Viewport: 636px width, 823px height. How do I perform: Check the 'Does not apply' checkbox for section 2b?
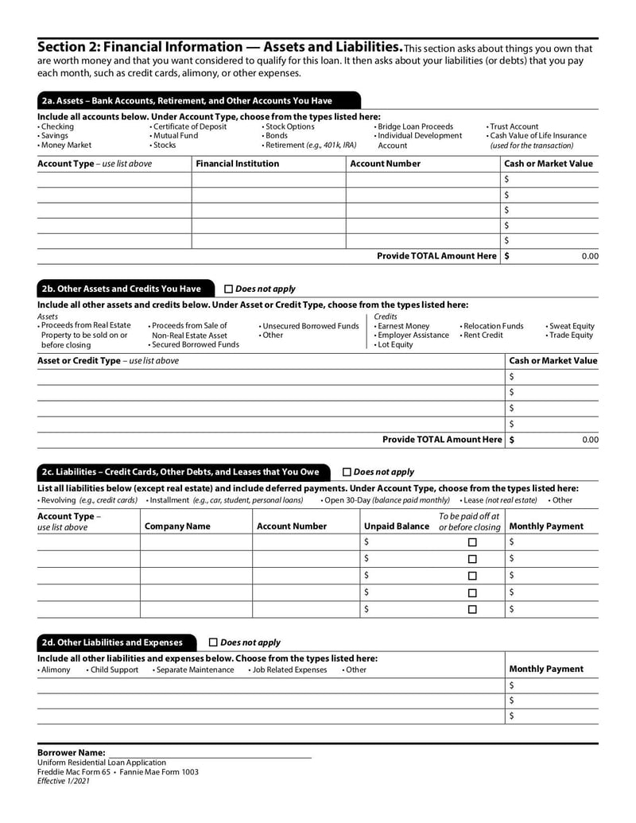229,289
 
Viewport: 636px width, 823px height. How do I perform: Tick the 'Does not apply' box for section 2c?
347,472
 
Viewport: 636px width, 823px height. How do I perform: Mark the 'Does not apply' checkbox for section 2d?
213,642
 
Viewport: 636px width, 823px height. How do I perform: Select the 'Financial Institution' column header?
238,164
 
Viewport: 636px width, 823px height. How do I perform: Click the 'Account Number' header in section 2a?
386,164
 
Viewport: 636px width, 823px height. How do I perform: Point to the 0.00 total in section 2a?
589,256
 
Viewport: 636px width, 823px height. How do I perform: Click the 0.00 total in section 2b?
589,439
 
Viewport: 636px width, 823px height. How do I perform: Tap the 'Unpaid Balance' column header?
396,526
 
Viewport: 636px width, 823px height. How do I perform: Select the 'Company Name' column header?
177,526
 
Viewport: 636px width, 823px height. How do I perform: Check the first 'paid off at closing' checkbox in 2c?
472,542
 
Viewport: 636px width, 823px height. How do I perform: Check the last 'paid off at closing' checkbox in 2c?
472,610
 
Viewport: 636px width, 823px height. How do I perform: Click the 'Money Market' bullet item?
66,146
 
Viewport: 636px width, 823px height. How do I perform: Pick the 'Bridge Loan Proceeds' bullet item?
416,126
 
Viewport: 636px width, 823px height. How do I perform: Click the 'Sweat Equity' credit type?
572,326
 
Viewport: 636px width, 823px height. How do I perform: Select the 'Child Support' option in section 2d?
114,670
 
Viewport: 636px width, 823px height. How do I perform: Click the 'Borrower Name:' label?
72,752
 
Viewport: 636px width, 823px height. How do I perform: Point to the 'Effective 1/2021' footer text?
64,782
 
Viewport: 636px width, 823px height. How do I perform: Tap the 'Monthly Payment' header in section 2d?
546,670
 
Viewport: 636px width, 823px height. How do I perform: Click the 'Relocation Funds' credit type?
493,326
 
